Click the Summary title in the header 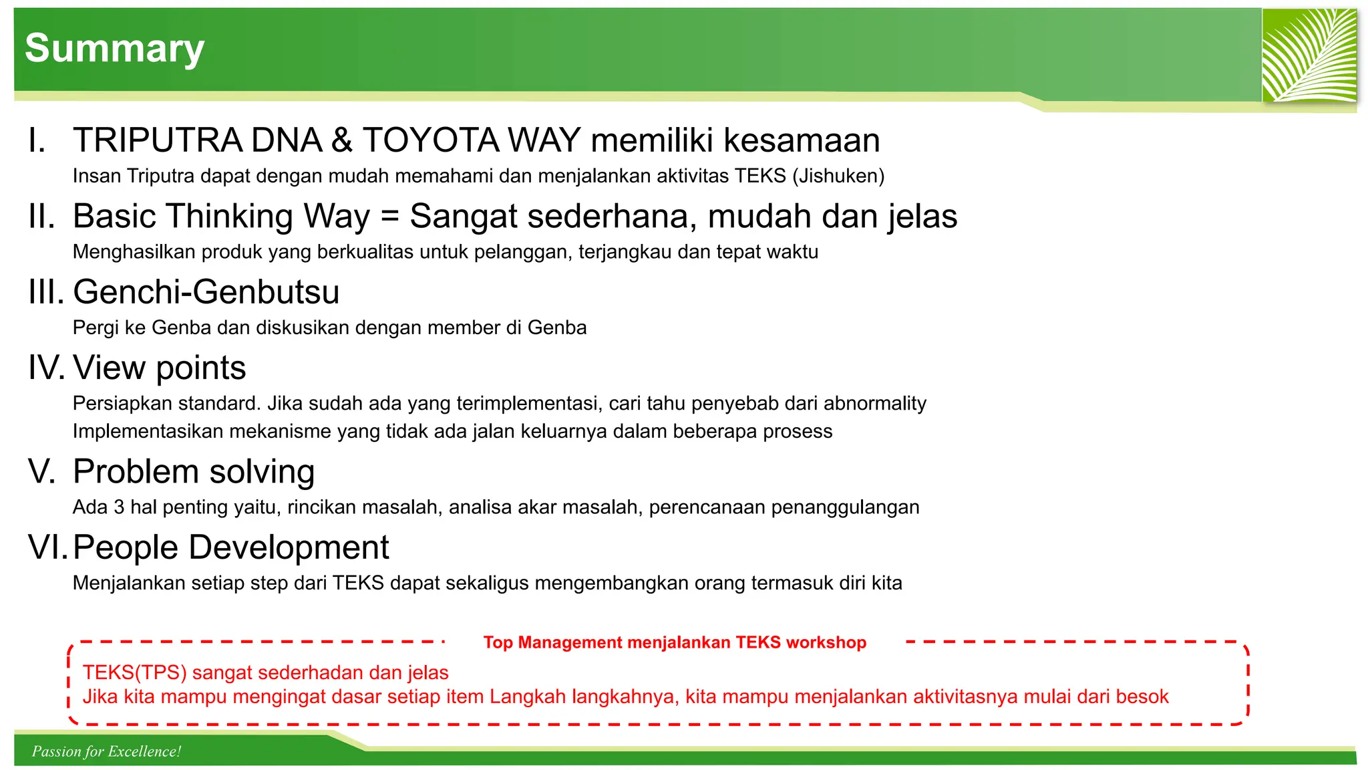(x=114, y=49)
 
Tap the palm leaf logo (x=1309, y=55)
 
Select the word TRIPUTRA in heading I (x=158, y=140)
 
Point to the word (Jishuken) (x=838, y=176)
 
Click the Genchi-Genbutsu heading (x=206, y=292)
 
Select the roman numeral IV (x=45, y=368)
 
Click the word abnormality (x=875, y=404)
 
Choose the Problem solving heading (x=194, y=472)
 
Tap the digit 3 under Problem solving (x=119, y=507)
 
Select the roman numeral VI (x=47, y=547)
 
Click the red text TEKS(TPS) (x=134, y=672)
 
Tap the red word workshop (x=826, y=642)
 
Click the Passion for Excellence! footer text (x=106, y=751)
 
